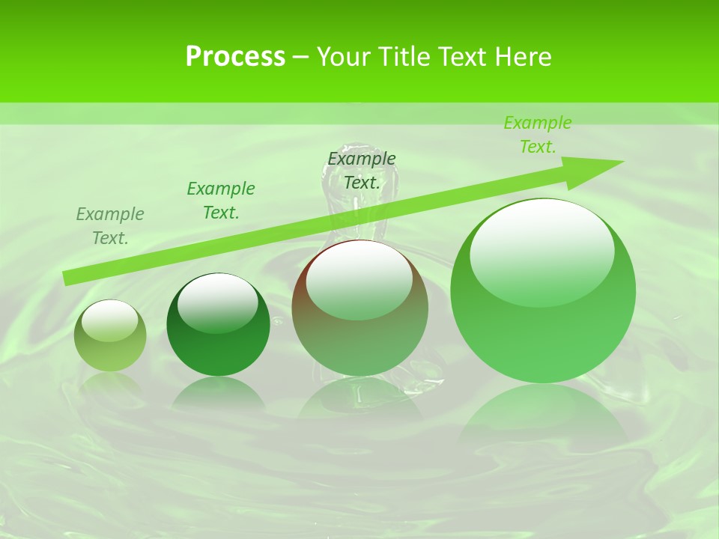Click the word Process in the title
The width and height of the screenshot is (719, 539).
pyautogui.click(x=235, y=56)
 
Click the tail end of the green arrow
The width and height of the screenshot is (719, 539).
pyautogui.click(x=67, y=278)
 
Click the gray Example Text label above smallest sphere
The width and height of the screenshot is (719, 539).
pyautogui.click(x=110, y=225)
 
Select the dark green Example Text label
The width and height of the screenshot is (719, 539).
pyautogui.click(x=221, y=200)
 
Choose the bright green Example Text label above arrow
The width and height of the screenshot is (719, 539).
pyautogui.click(x=538, y=135)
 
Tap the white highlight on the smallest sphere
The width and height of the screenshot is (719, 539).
pyautogui.click(x=110, y=320)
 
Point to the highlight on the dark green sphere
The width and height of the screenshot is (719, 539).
pyautogui.click(x=218, y=301)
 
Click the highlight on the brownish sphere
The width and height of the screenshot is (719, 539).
pyautogui.click(x=359, y=278)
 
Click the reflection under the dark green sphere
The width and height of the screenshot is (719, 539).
pyautogui.click(x=218, y=392)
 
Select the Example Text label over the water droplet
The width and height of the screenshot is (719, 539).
pyautogui.click(x=362, y=170)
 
